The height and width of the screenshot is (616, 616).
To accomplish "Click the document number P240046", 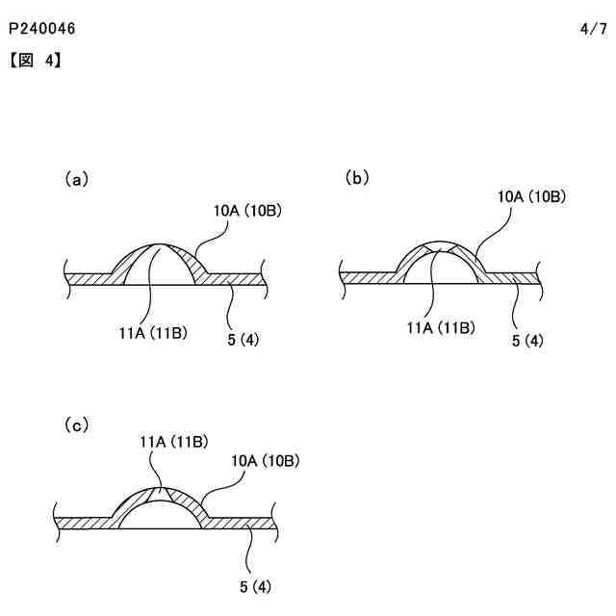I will click(41, 30).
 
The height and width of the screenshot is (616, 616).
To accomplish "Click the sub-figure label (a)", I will click(76, 178).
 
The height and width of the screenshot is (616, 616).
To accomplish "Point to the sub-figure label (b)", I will click(357, 177).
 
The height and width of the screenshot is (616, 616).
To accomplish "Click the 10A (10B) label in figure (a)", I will click(246, 208).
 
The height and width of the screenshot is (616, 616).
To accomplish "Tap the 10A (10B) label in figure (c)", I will click(266, 461).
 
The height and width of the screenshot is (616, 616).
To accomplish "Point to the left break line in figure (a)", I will click(65, 277).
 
